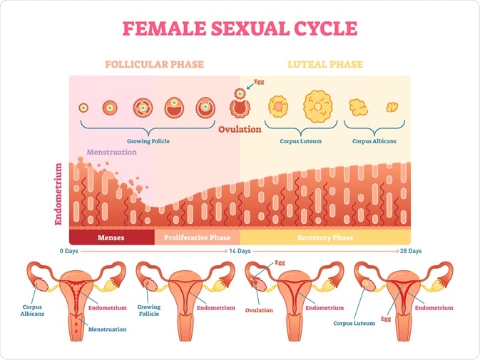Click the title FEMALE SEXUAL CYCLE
click(240, 29)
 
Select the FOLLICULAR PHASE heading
click(154, 65)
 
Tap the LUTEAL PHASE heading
click(325, 65)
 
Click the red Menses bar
click(111, 237)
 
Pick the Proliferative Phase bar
click(197, 237)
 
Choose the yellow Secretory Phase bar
click(325, 237)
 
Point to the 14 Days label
click(240, 252)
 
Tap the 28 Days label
click(410, 252)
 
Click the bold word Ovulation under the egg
click(240, 130)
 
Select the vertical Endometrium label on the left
click(59, 194)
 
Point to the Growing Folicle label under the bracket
click(148, 141)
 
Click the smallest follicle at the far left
click(84, 108)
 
